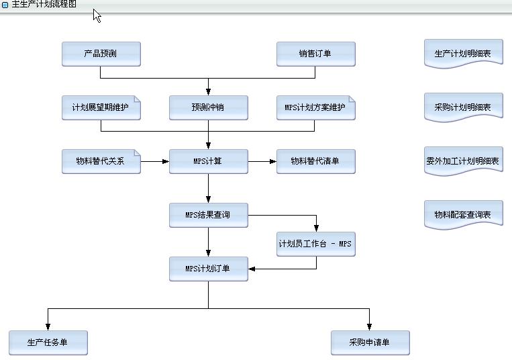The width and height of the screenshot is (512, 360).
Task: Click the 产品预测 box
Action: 101,54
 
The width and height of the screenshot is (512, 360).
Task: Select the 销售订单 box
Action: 315,54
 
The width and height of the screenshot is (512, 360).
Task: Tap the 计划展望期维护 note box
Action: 101,107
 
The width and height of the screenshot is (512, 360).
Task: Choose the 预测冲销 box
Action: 208,107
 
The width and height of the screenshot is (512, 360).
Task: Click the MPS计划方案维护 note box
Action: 315,107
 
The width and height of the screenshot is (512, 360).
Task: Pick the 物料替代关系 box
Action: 101,161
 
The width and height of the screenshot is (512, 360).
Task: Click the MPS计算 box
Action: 208,161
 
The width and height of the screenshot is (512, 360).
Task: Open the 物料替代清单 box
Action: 315,161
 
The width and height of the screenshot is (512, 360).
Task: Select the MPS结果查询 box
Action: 208,215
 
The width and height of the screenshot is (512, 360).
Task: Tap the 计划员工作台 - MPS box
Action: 315,244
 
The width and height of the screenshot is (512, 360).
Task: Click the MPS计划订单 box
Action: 208,269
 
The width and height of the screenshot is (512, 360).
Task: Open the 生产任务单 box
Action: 48,343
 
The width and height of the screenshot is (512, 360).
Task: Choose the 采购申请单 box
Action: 370,343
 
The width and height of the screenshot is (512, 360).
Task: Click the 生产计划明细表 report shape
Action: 463,54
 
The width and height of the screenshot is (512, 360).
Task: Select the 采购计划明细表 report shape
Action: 463,107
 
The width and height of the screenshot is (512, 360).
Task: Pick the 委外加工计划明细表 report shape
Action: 463,161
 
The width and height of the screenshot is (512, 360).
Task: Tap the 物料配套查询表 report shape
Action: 463,215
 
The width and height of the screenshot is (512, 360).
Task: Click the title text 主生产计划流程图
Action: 44,4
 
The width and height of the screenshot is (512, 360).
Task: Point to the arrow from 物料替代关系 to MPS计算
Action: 155,161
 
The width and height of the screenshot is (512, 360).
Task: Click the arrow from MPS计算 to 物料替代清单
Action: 262,161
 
